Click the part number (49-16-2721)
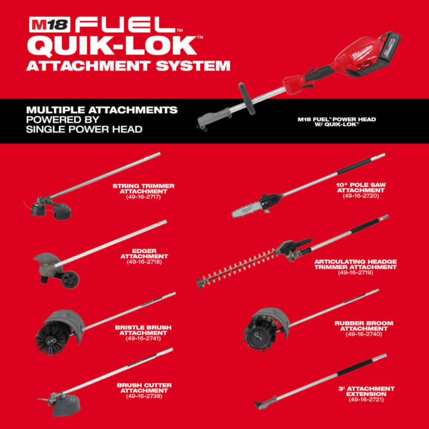368,400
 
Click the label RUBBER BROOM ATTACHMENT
363,326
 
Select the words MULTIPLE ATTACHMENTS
102,110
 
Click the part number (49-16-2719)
355,272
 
